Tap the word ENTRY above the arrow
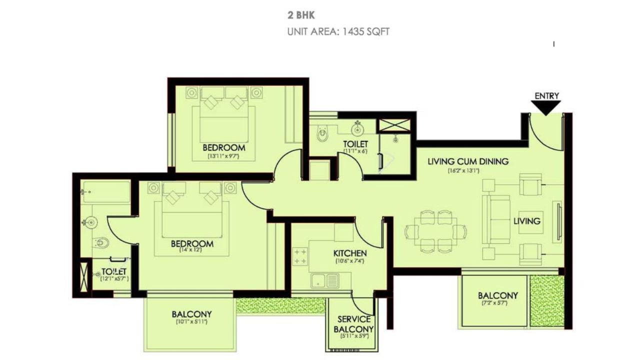coord(546,96)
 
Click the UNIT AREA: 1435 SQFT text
coord(338,31)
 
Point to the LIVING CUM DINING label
coord(468,161)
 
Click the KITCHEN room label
coord(350,253)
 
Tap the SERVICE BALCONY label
coord(353,324)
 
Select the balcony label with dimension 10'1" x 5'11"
coord(191,314)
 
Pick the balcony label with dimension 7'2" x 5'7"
coord(497,295)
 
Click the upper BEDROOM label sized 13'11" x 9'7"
coord(223,148)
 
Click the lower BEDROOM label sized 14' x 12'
coord(192,244)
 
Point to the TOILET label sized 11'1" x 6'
coord(355,144)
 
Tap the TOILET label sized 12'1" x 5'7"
coord(114,271)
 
